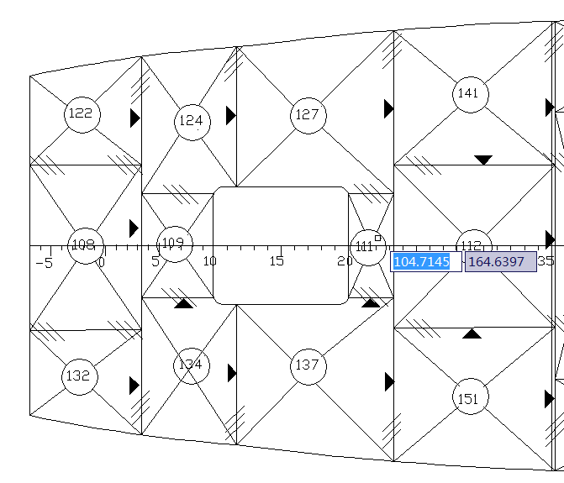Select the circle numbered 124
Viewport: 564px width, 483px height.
click(x=192, y=122)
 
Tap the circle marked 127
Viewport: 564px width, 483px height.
click(x=308, y=114)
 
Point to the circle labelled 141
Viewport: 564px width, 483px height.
click(x=469, y=94)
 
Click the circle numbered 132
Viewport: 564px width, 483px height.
click(x=79, y=376)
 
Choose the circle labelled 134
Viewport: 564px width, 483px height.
click(x=191, y=366)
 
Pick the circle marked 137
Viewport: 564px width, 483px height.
click(x=308, y=366)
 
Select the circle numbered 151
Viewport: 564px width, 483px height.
click(x=469, y=398)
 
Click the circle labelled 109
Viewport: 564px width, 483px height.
click(x=174, y=244)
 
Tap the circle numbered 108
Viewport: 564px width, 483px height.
click(x=85, y=245)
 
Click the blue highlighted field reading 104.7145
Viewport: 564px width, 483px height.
click(x=426, y=262)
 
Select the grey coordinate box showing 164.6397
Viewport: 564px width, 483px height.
click(x=500, y=262)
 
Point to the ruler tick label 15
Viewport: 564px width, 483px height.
click(x=277, y=261)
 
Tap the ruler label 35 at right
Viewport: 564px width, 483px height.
click(x=546, y=261)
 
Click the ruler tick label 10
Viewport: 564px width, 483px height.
click(x=210, y=261)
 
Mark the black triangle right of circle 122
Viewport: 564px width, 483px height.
click(x=134, y=118)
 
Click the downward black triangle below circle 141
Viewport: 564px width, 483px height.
click(x=483, y=160)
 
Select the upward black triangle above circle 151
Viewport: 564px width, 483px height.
click(x=472, y=333)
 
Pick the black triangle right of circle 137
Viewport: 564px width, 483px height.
click(x=389, y=382)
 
